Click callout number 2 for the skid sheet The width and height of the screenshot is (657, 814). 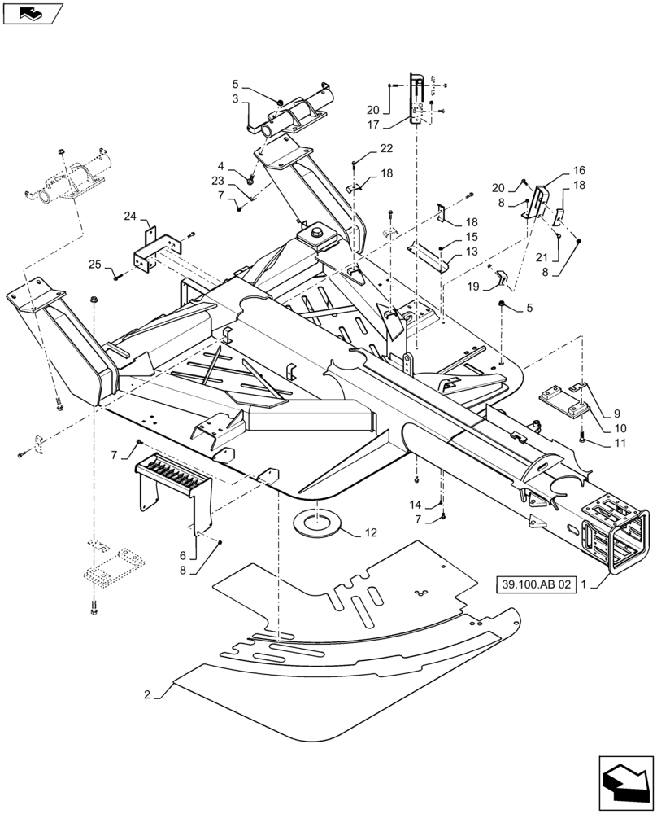[x=147, y=694]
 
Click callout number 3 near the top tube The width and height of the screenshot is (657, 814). [x=235, y=98]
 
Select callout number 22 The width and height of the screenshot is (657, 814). [x=385, y=147]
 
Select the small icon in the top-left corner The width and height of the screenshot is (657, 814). [x=32, y=11]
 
